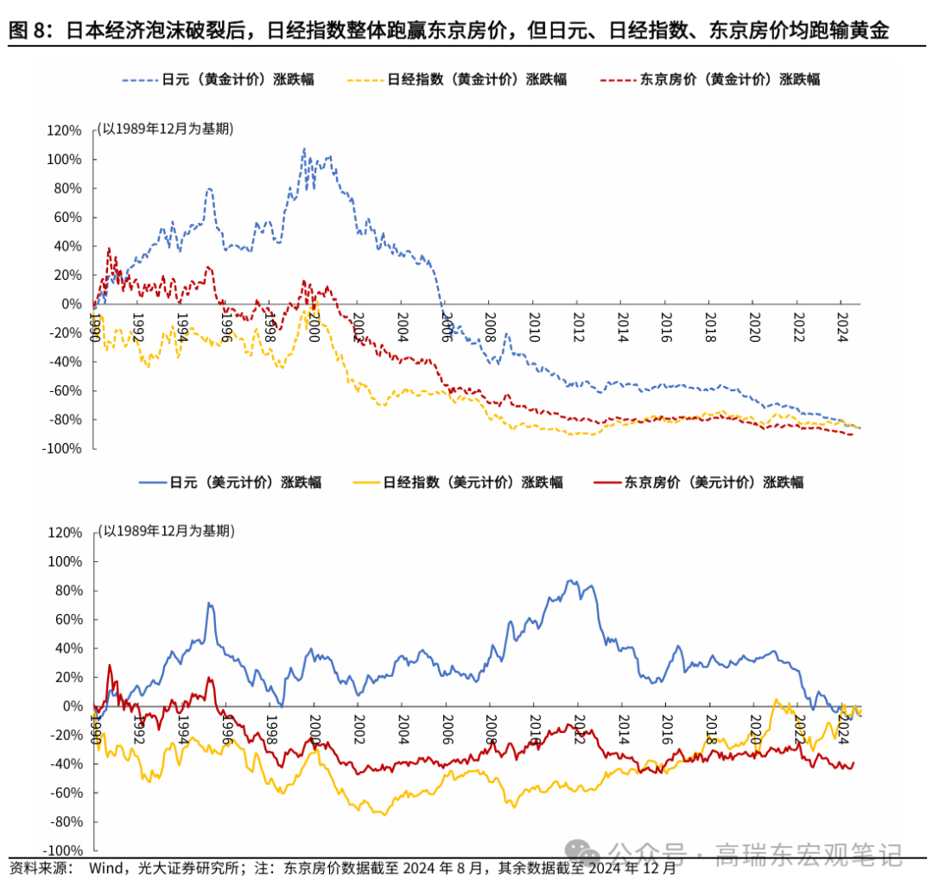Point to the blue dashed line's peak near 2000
point(303,149)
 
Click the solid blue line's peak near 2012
point(570,581)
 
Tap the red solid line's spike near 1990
point(110,665)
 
